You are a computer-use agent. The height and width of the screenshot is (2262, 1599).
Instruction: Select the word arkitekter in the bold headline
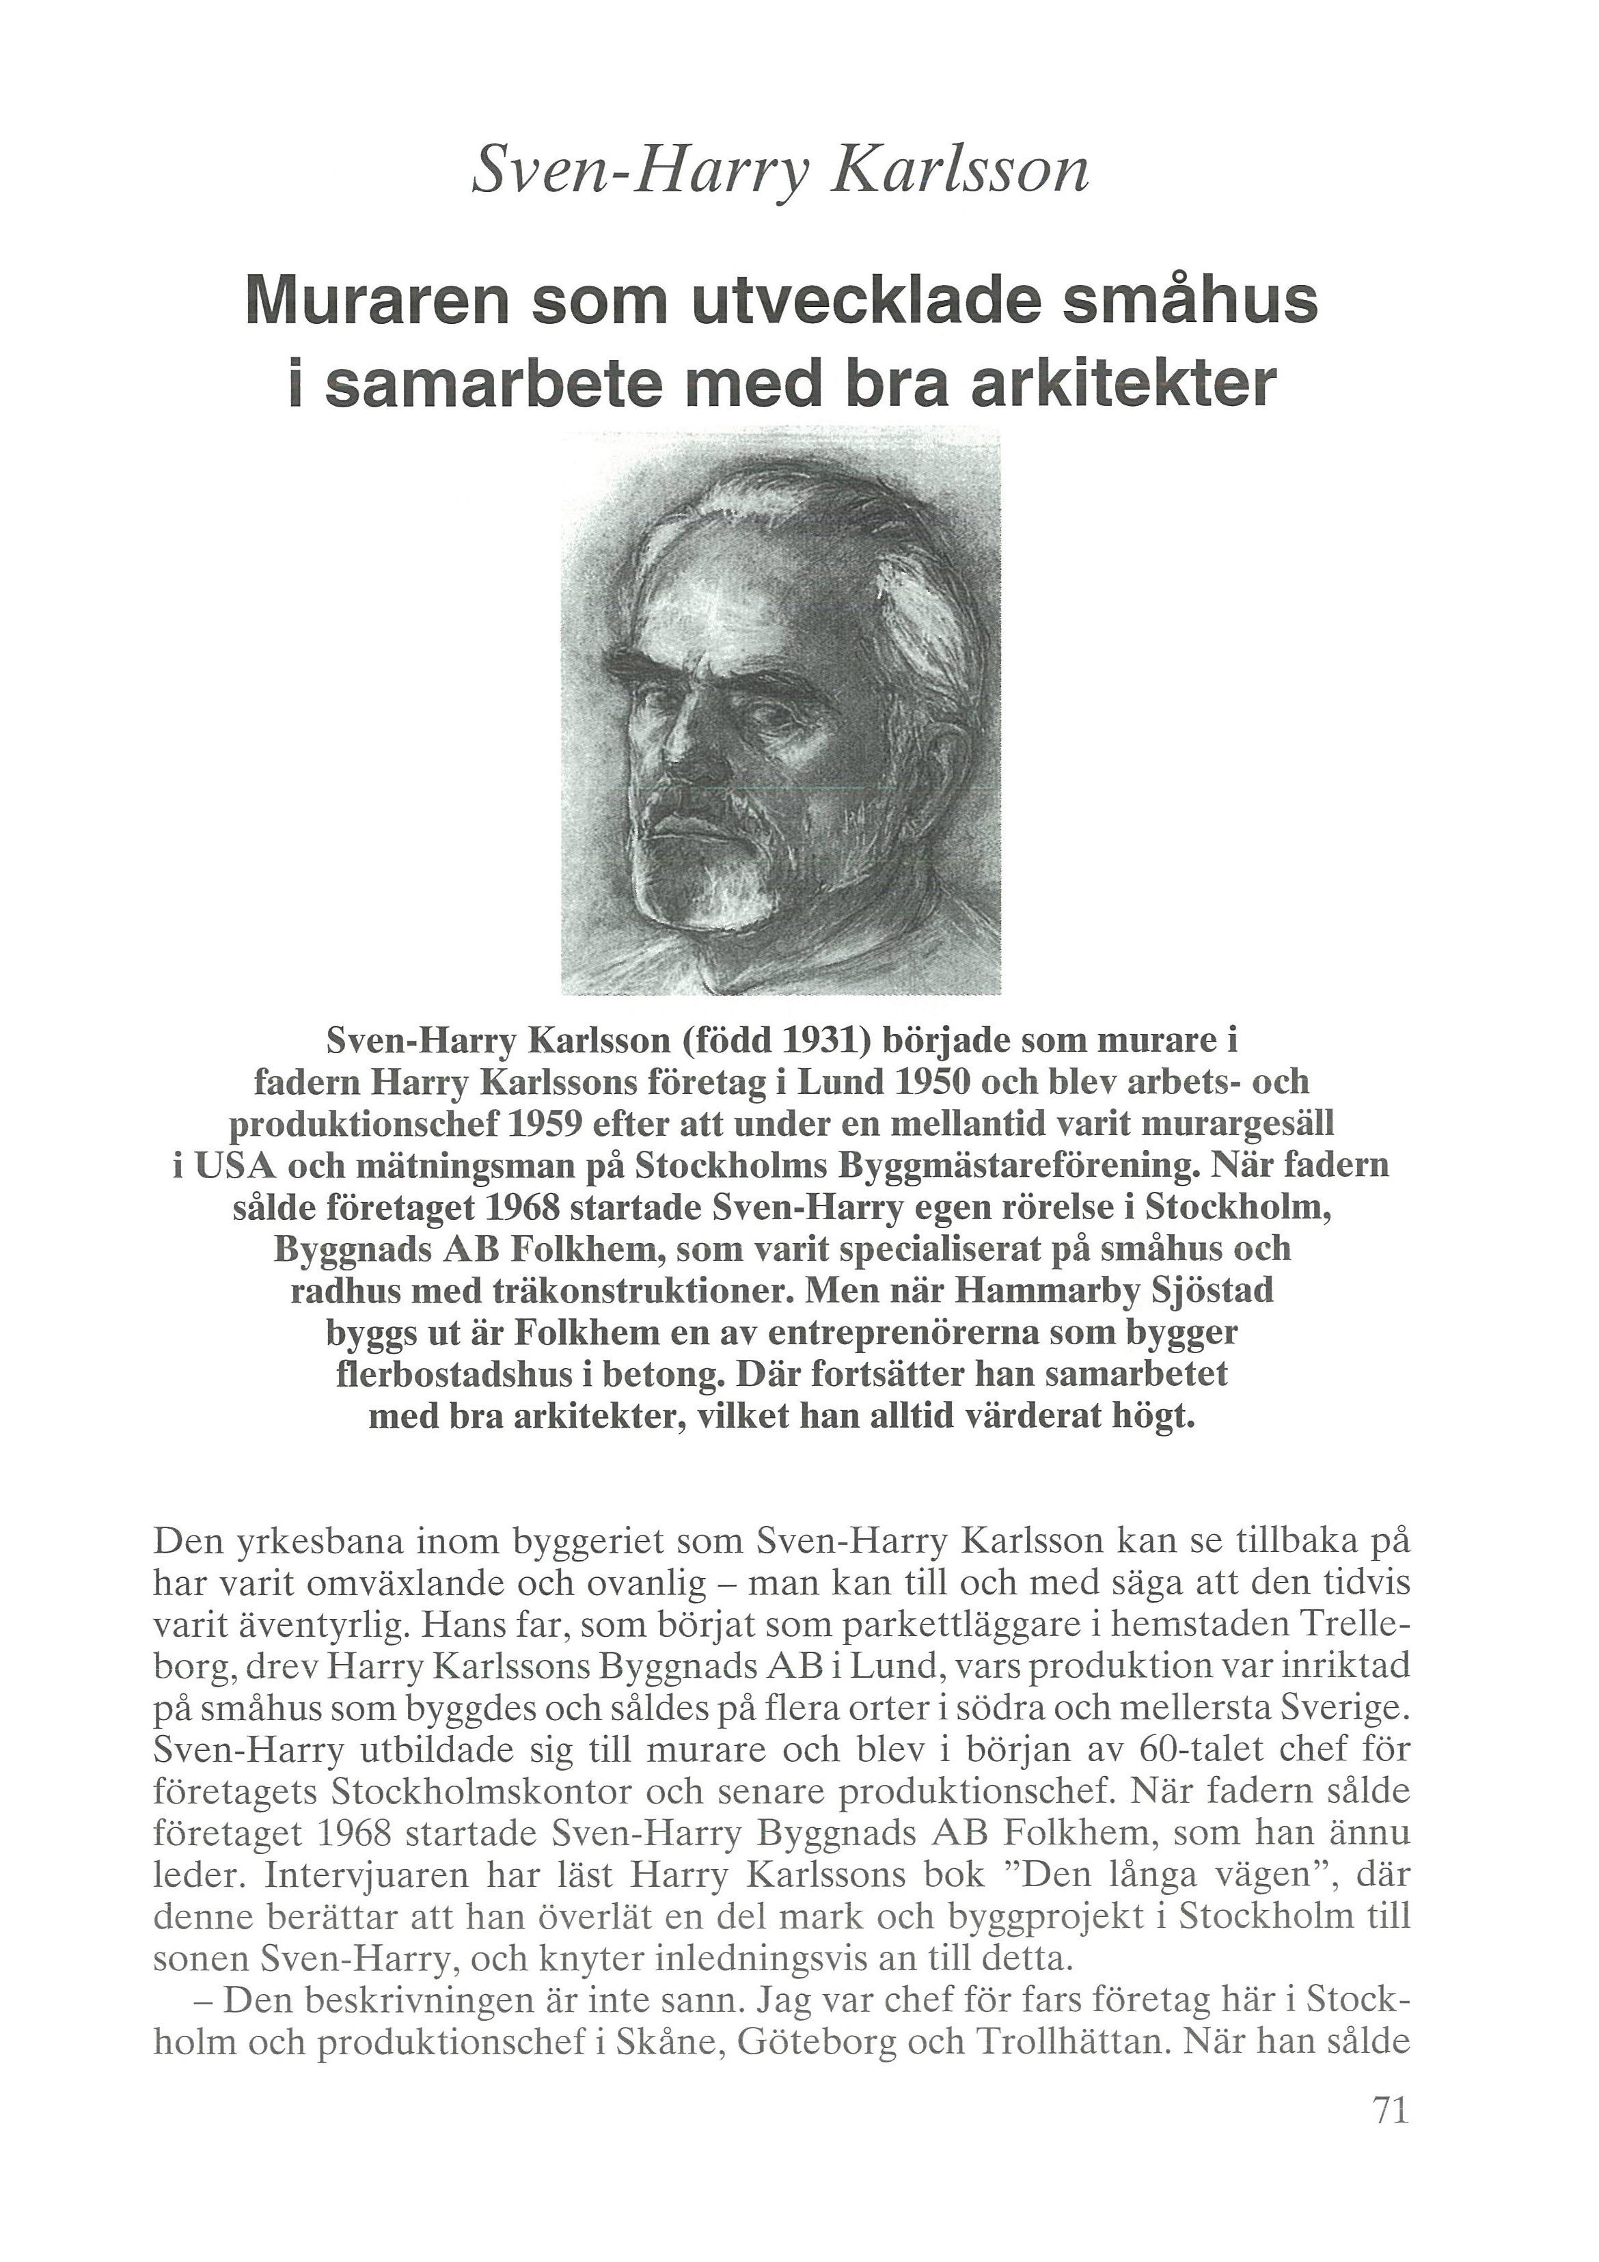tap(1123, 384)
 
